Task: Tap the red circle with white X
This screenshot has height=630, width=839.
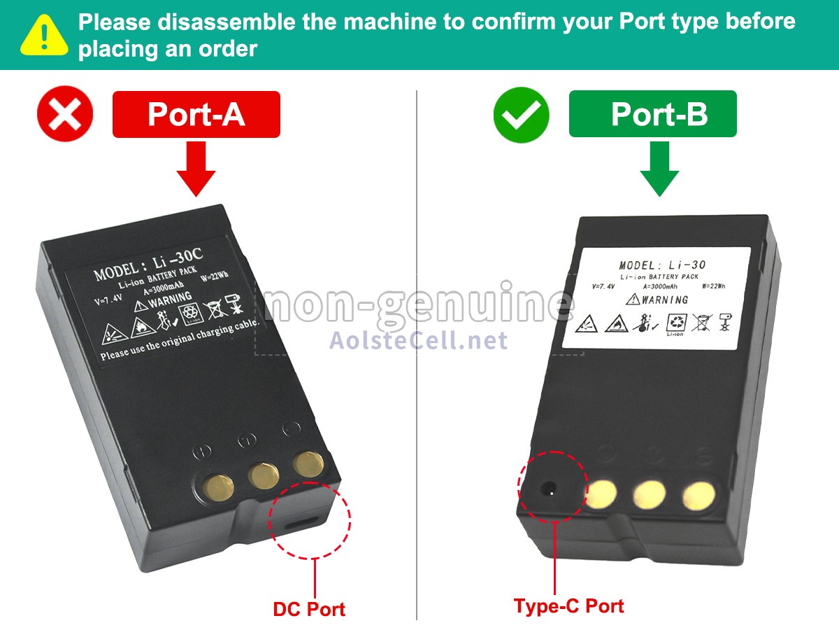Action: (x=65, y=114)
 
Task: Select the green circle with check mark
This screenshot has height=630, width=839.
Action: (x=521, y=114)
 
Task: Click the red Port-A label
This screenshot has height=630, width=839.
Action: (x=196, y=114)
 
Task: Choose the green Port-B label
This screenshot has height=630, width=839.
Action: (x=652, y=113)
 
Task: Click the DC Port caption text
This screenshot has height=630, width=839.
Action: (x=309, y=609)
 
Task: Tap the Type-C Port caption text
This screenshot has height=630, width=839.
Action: (x=568, y=606)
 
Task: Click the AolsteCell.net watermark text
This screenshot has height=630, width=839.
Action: (x=418, y=340)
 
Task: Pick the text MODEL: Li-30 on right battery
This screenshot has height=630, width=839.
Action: (x=662, y=265)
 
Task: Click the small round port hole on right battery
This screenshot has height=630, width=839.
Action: (x=551, y=491)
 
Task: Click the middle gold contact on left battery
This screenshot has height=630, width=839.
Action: (x=264, y=476)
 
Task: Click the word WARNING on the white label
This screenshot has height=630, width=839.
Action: (x=665, y=300)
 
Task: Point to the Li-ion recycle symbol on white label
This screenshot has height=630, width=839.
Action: (x=675, y=323)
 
